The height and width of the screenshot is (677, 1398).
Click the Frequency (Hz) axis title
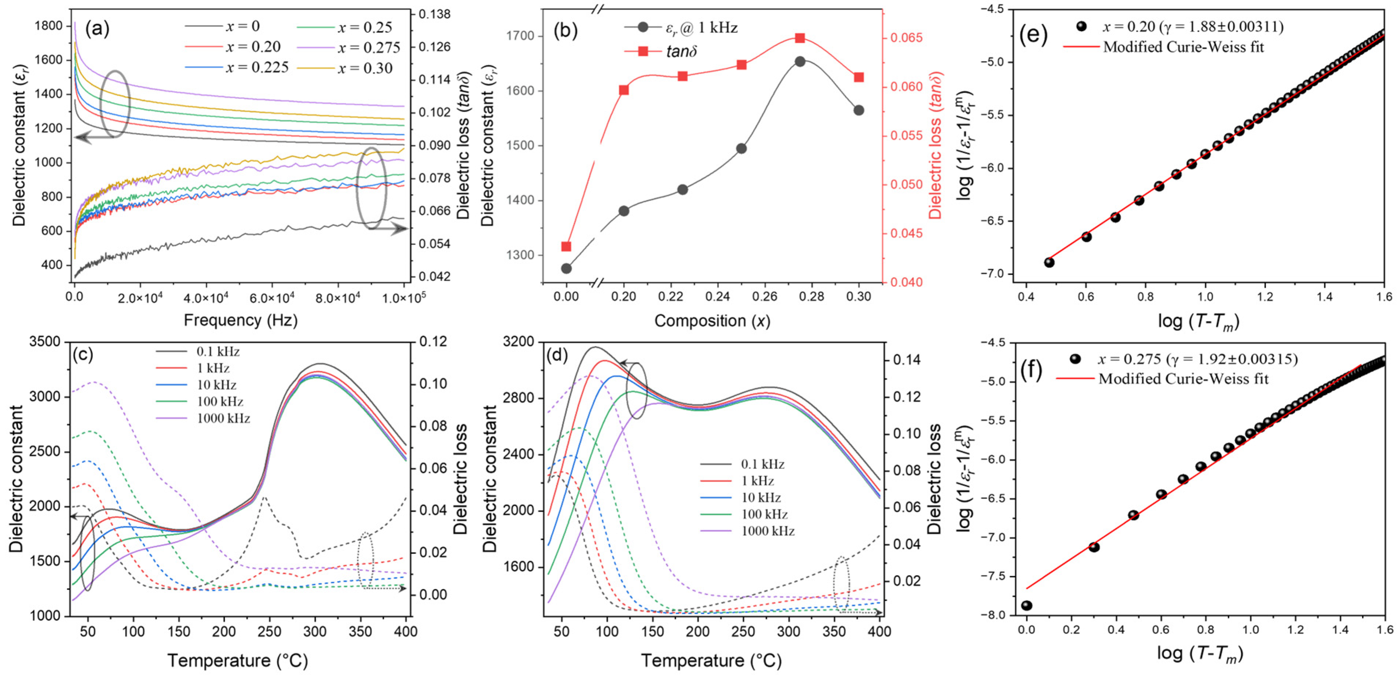tap(241, 320)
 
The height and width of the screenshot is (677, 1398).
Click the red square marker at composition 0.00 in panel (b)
tap(566, 247)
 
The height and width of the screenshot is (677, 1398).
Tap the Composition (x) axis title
tap(712, 321)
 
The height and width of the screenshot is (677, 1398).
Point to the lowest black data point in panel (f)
tap(1027, 606)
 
